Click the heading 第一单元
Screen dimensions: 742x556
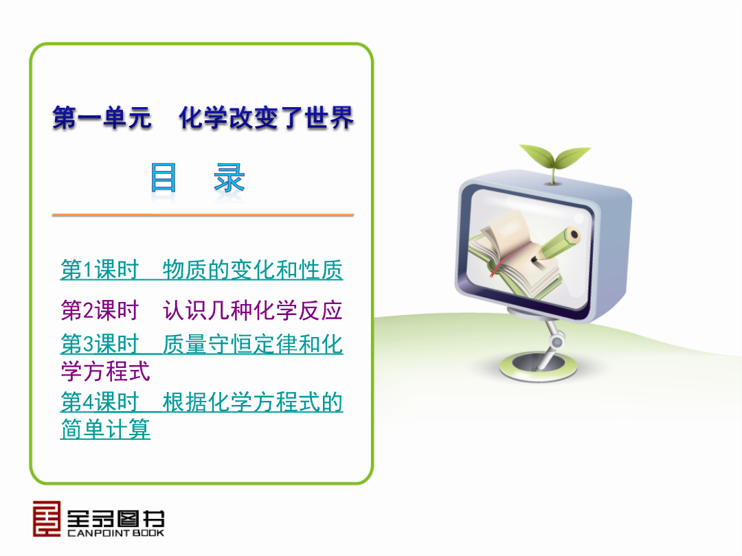coord(102,118)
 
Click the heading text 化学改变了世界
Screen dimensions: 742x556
coord(267,118)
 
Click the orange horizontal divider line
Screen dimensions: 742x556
coord(203,215)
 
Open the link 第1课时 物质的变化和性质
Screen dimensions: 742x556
coord(201,270)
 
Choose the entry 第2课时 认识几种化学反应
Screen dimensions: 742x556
coord(201,311)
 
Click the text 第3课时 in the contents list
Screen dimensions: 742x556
coord(100,344)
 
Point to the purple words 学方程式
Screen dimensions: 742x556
coord(106,371)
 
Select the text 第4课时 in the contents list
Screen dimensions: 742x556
coord(100,402)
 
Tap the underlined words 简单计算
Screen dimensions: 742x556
coord(106,429)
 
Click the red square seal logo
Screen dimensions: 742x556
coord(47,519)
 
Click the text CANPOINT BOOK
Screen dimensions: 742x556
coord(116,533)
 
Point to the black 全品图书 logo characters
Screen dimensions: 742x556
coord(116,518)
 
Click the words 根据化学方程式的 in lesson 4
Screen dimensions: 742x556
coord(253,402)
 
